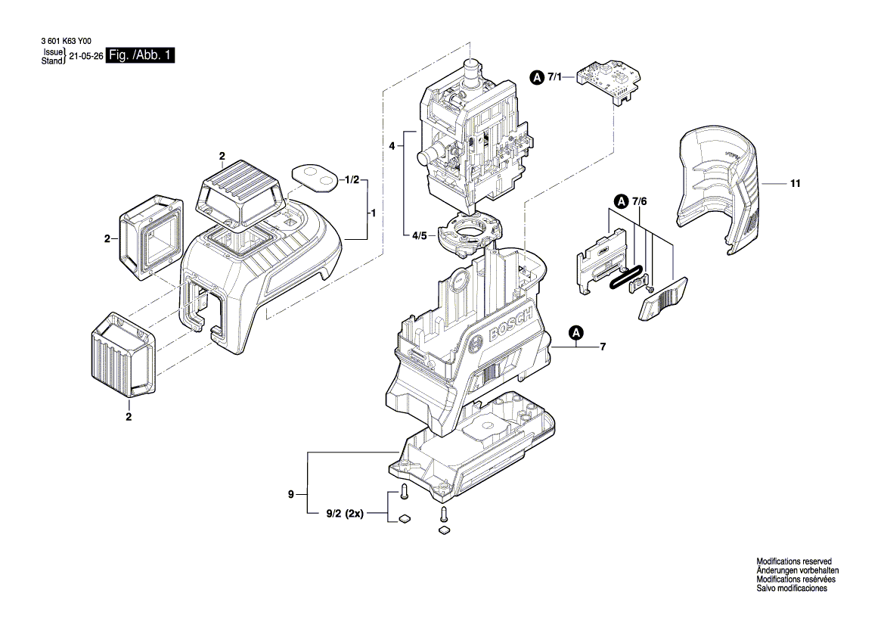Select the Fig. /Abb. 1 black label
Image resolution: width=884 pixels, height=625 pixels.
pyautogui.click(x=141, y=56)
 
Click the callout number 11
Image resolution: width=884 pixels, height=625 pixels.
pyautogui.click(x=796, y=184)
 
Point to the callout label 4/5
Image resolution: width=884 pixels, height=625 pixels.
pyautogui.click(x=420, y=236)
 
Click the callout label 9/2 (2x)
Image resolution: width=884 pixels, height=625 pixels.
pyautogui.click(x=345, y=514)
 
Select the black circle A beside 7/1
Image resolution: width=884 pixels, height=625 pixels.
pyautogui.click(x=536, y=77)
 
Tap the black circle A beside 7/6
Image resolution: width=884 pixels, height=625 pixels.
pyautogui.click(x=621, y=201)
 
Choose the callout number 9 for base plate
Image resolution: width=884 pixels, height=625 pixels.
pyautogui.click(x=290, y=495)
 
